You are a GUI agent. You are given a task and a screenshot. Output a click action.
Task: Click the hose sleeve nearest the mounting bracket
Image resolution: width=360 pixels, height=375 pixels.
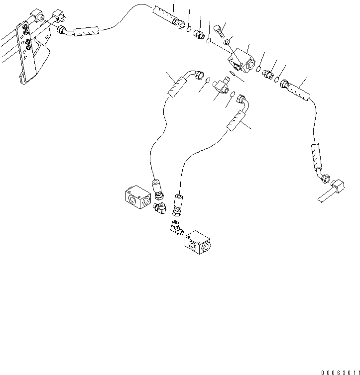(x=88, y=32)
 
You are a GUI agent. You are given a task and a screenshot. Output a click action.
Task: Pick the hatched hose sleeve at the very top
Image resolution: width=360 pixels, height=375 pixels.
(x=163, y=14)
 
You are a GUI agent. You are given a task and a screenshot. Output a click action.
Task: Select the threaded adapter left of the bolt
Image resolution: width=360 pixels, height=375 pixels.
(x=200, y=35)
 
